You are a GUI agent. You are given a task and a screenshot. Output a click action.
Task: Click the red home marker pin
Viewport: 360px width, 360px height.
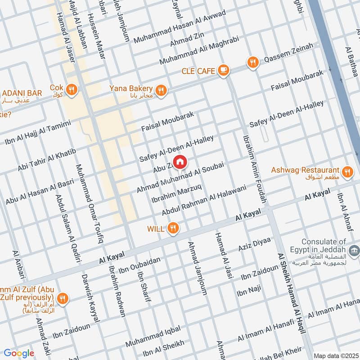180,162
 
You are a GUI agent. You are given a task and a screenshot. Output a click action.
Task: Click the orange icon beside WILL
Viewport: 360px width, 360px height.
172,229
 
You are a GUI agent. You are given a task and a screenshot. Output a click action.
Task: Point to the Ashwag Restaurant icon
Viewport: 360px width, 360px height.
346,171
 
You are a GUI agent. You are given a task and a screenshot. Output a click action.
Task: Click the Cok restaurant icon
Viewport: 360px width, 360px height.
71,90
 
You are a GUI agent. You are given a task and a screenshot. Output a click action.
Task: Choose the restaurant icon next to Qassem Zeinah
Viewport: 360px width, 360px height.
253,63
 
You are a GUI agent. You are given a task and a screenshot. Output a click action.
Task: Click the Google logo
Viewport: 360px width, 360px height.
18,353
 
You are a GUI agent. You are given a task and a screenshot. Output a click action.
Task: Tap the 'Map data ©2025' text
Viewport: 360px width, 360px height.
335,355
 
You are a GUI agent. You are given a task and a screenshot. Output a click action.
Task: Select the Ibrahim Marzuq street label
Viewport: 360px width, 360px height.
176,193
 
